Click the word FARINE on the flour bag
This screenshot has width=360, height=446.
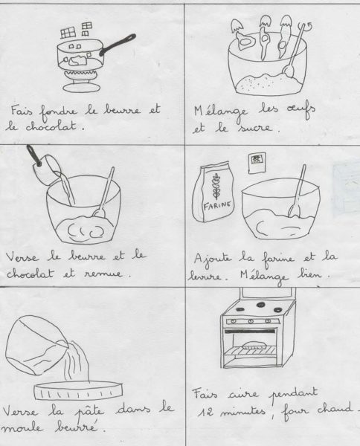217,205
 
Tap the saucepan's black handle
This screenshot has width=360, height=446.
118,45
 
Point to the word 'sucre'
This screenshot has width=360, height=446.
254,127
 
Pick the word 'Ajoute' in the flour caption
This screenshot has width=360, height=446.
213,259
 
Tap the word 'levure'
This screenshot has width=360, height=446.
204,277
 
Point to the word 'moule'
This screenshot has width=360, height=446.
22,427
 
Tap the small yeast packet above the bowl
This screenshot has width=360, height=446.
257,163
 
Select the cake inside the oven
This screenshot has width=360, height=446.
254,346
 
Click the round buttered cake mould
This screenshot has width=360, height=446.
78,390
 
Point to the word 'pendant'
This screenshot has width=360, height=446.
293,394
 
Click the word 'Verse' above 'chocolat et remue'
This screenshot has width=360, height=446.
22,257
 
